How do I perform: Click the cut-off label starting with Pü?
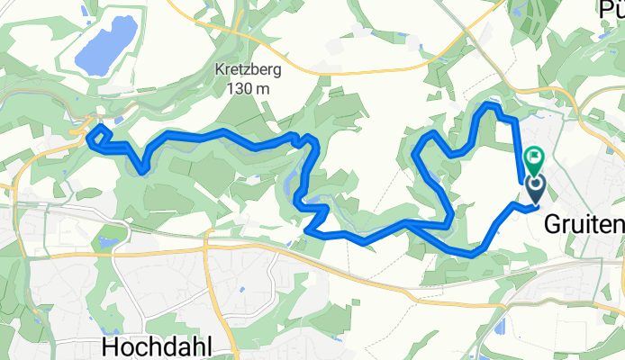tap(612, 8)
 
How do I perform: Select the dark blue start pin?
tap(535, 187)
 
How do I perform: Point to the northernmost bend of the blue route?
tap(492, 105)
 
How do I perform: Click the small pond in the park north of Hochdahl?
tap(109, 241)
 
